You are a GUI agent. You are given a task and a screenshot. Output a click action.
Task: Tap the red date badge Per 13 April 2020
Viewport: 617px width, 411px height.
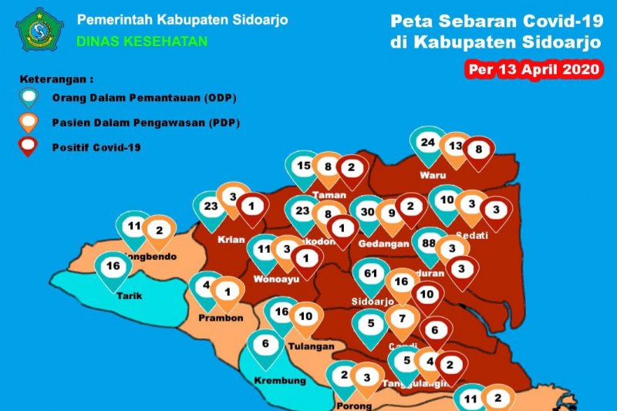click(x=534, y=69)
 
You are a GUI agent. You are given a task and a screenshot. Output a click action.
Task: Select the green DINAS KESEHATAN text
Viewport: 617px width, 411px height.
click(x=142, y=41)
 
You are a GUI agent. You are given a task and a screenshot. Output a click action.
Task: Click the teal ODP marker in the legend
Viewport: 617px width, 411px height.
click(x=31, y=98)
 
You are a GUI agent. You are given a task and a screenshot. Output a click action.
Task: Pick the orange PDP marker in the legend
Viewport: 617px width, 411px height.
click(x=31, y=122)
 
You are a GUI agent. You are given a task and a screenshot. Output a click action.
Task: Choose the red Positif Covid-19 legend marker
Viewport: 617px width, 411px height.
click(x=31, y=146)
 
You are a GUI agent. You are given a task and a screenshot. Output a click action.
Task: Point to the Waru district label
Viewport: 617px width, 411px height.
click(x=433, y=175)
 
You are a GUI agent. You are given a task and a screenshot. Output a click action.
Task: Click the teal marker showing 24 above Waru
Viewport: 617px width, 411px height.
click(x=428, y=143)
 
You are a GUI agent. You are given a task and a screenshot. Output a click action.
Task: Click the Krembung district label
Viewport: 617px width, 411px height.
click(x=279, y=380)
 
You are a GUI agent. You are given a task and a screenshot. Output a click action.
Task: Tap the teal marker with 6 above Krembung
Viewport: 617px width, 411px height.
click(x=267, y=345)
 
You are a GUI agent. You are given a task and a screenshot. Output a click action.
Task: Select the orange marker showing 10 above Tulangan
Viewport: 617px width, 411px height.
click(x=306, y=316)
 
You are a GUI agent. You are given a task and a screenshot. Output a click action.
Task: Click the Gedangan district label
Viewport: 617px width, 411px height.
click(x=389, y=244)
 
